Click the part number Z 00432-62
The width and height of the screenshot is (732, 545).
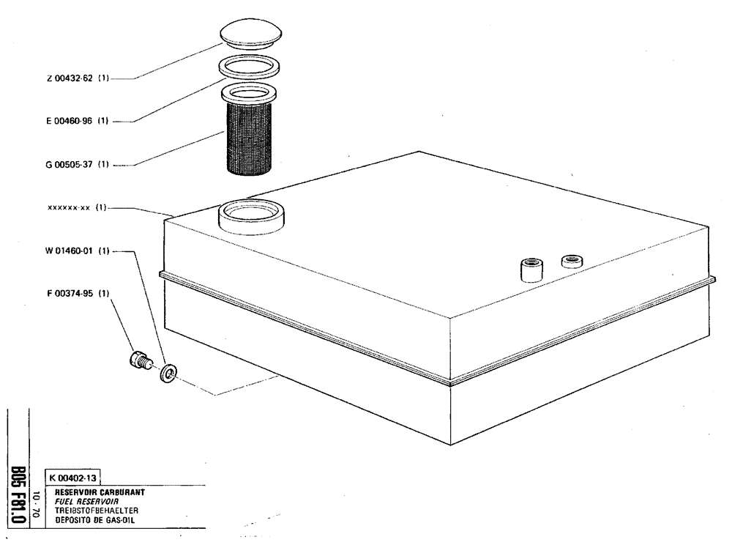pos(72,79)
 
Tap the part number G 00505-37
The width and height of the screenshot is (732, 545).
pos(72,164)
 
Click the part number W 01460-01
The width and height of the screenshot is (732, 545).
pos(72,251)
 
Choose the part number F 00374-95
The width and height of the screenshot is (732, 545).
pos(72,294)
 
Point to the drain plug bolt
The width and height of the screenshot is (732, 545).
pos(139,360)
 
